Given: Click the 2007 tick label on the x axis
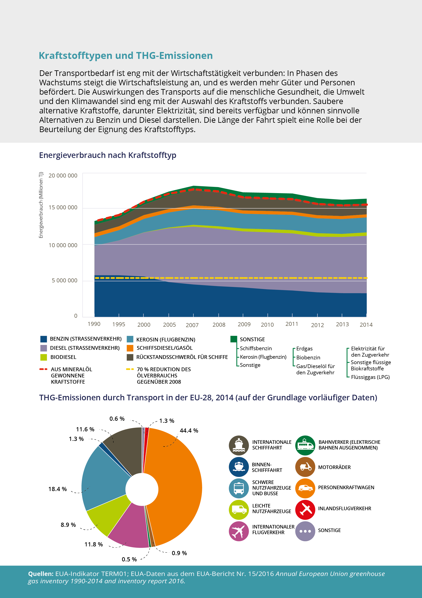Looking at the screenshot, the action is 192,325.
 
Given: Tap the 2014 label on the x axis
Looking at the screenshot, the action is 366,325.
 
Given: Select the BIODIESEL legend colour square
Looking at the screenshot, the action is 44,357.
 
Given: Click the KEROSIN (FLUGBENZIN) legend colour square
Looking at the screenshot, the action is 130,339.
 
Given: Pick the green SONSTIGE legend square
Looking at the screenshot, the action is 234,339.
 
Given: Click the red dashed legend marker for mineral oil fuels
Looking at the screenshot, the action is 43,369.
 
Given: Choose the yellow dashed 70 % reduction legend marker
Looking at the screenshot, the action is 130,369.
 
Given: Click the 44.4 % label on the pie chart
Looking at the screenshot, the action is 189,431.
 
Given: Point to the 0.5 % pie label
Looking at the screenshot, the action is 129,559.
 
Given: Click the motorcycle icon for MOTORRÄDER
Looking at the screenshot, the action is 305,467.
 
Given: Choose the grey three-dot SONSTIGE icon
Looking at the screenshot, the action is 305,531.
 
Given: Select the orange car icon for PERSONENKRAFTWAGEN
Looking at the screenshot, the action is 305,488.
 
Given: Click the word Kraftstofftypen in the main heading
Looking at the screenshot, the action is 75,56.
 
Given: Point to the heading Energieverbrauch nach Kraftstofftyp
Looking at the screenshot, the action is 108,155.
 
